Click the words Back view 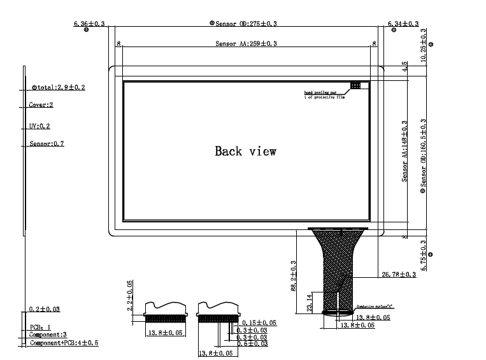pyautogui.click(x=245, y=151)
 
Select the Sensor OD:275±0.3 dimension pyautogui.click(x=246, y=24)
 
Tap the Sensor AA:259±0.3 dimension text pyautogui.click(x=246, y=44)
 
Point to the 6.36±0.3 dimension pyautogui.click(x=90, y=24)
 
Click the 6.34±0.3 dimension pyautogui.click(x=403, y=24)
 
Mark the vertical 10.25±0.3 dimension pyautogui.click(x=424, y=45)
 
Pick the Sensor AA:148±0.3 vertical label pyautogui.click(x=404, y=150)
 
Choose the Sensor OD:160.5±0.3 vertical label pyautogui.click(x=424, y=156)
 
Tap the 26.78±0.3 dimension pyautogui.click(x=398, y=275)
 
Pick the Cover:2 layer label pyautogui.click(x=41, y=104)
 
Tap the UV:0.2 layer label pyautogui.click(x=39, y=126)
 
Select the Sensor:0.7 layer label pyautogui.click(x=46, y=144)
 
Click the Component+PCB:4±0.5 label pyautogui.click(x=64, y=343)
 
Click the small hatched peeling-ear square pyautogui.click(x=355, y=84)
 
